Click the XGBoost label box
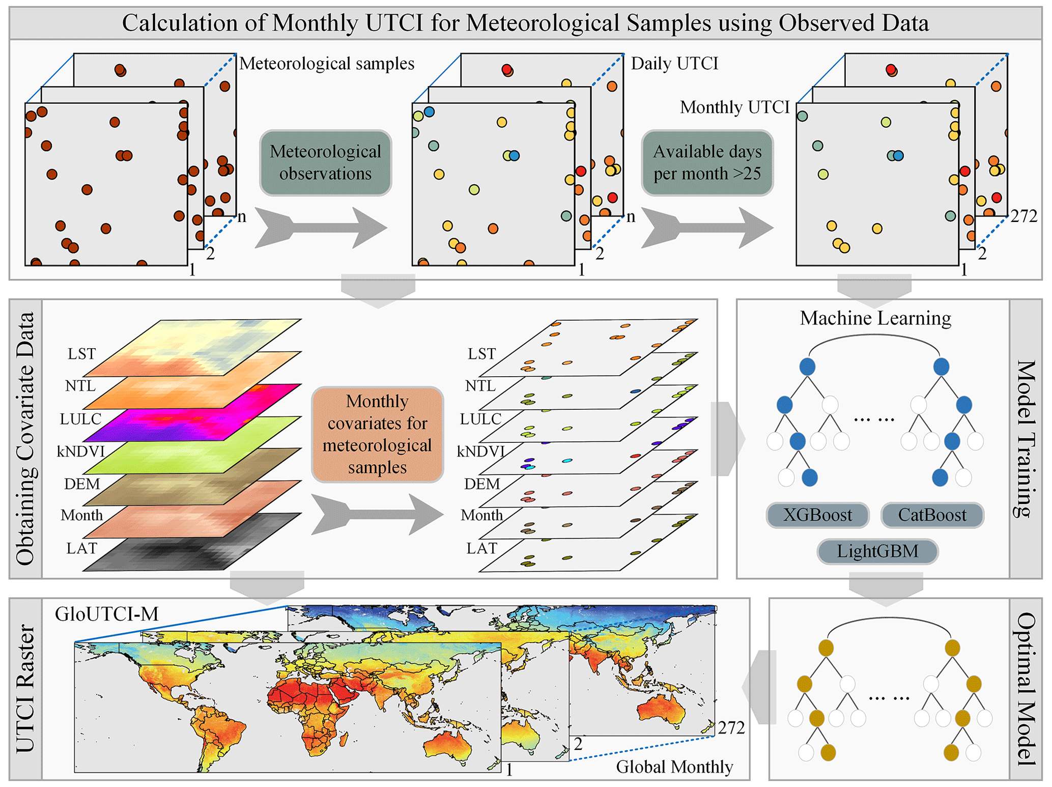(x=817, y=515)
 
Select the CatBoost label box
(x=932, y=515)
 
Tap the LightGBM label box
(x=877, y=551)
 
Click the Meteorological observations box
(x=325, y=162)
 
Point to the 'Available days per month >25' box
(x=707, y=162)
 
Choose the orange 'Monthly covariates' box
(x=377, y=434)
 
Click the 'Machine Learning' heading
(x=875, y=318)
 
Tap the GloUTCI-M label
(x=107, y=614)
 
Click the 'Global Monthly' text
(x=674, y=767)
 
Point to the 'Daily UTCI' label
(x=674, y=63)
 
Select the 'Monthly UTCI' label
(x=734, y=107)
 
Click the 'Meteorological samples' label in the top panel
(x=327, y=63)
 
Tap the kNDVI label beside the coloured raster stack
(x=80, y=451)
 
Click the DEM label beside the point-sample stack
(x=482, y=484)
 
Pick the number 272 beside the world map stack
(x=731, y=728)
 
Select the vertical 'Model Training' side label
(x=1026, y=439)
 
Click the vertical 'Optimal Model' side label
(x=1026, y=689)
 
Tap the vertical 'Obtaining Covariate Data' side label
(x=25, y=439)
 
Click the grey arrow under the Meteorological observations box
(x=321, y=227)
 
